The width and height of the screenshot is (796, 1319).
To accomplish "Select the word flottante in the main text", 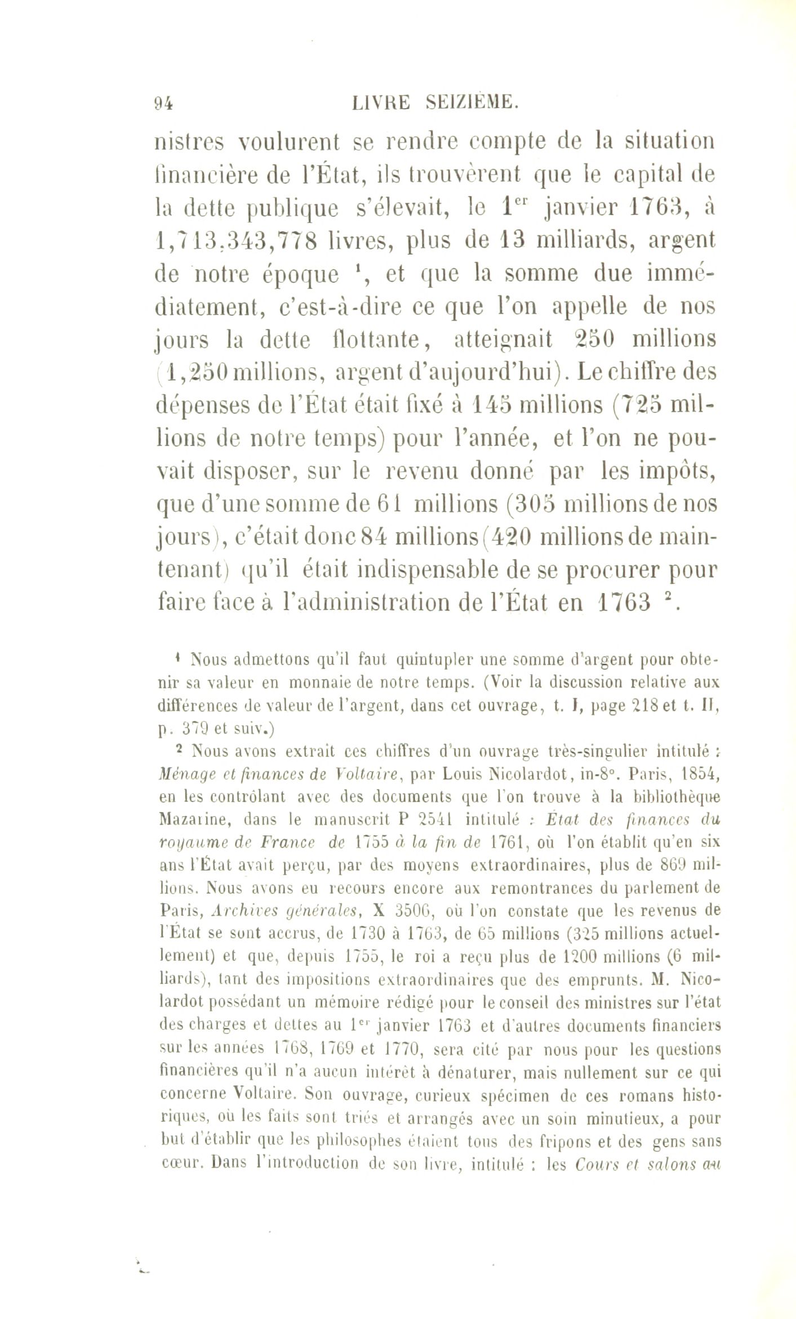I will tap(376, 340).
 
